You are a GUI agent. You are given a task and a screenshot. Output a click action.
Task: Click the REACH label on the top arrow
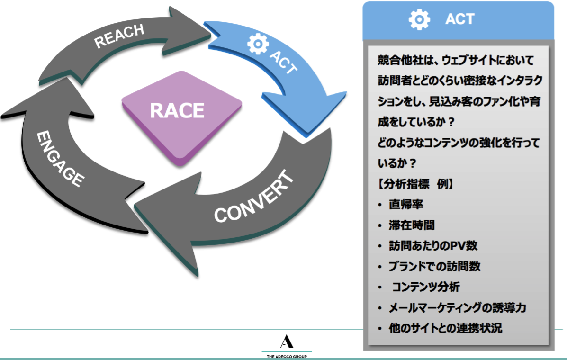pos(119,36)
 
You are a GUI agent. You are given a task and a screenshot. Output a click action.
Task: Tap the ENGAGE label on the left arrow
pos(60,159)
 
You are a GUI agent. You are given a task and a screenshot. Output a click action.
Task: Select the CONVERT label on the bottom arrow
pos(254,198)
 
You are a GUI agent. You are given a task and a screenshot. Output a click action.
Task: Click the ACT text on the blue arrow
pos(283,61)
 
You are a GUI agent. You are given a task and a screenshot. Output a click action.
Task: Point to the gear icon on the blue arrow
pos(258,44)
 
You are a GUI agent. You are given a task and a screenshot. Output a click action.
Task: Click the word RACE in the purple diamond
pos(177,111)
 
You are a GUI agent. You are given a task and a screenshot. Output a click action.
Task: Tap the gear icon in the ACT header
pos(419,19)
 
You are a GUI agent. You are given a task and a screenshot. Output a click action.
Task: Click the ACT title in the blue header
pos(459,19)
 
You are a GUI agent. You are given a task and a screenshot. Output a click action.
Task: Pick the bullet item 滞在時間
pos(412,225)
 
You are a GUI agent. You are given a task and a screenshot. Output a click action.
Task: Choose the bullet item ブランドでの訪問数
pos(434,266)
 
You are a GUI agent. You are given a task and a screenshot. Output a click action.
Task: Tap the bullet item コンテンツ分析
pos(426,287)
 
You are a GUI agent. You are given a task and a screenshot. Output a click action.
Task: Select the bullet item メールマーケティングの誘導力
pos(457,308)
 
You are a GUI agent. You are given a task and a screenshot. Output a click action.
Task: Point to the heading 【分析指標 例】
pos(416,184)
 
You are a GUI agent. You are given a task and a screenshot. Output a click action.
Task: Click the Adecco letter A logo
pos(287,342)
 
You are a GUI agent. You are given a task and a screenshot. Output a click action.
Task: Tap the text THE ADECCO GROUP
pos(287,356)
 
